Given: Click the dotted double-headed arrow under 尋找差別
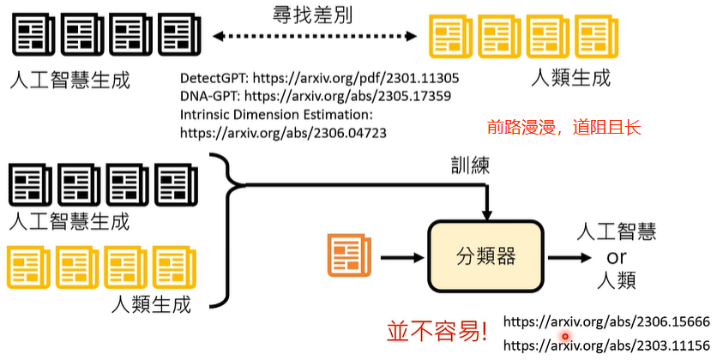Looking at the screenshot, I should point(316,35).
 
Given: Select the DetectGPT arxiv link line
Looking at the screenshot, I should point(325,76).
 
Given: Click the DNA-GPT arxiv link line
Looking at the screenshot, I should point(316,95).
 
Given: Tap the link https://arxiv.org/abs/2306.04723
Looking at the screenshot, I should point(283,133).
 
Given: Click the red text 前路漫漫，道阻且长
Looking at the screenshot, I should point(564,128).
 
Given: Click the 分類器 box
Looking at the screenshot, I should point(486,255).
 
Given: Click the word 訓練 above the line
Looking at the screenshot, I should point(470,165).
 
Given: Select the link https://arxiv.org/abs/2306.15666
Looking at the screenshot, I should point(606,322).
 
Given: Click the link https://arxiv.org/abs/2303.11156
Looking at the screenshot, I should point(606,345).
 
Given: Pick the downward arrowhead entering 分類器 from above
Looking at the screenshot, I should point(486,213).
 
